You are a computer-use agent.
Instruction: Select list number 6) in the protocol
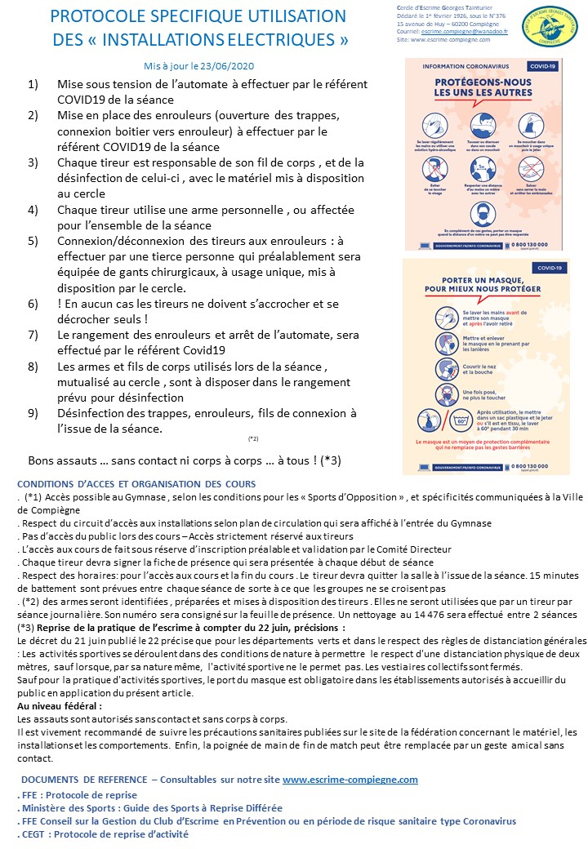pyautogui.click(x=33, y=303)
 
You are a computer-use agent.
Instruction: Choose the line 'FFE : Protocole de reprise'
pyautogui.click(x=79, y=795)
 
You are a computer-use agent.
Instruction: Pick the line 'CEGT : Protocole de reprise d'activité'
pyautogui.click(x=105, y=834)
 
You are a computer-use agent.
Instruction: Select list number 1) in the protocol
pyautogui.click(x=33, y=85)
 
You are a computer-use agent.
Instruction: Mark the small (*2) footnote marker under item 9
pyautogui.click(x=253, y=438)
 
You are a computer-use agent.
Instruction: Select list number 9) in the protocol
pyautogui.click(x=33, y=413)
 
